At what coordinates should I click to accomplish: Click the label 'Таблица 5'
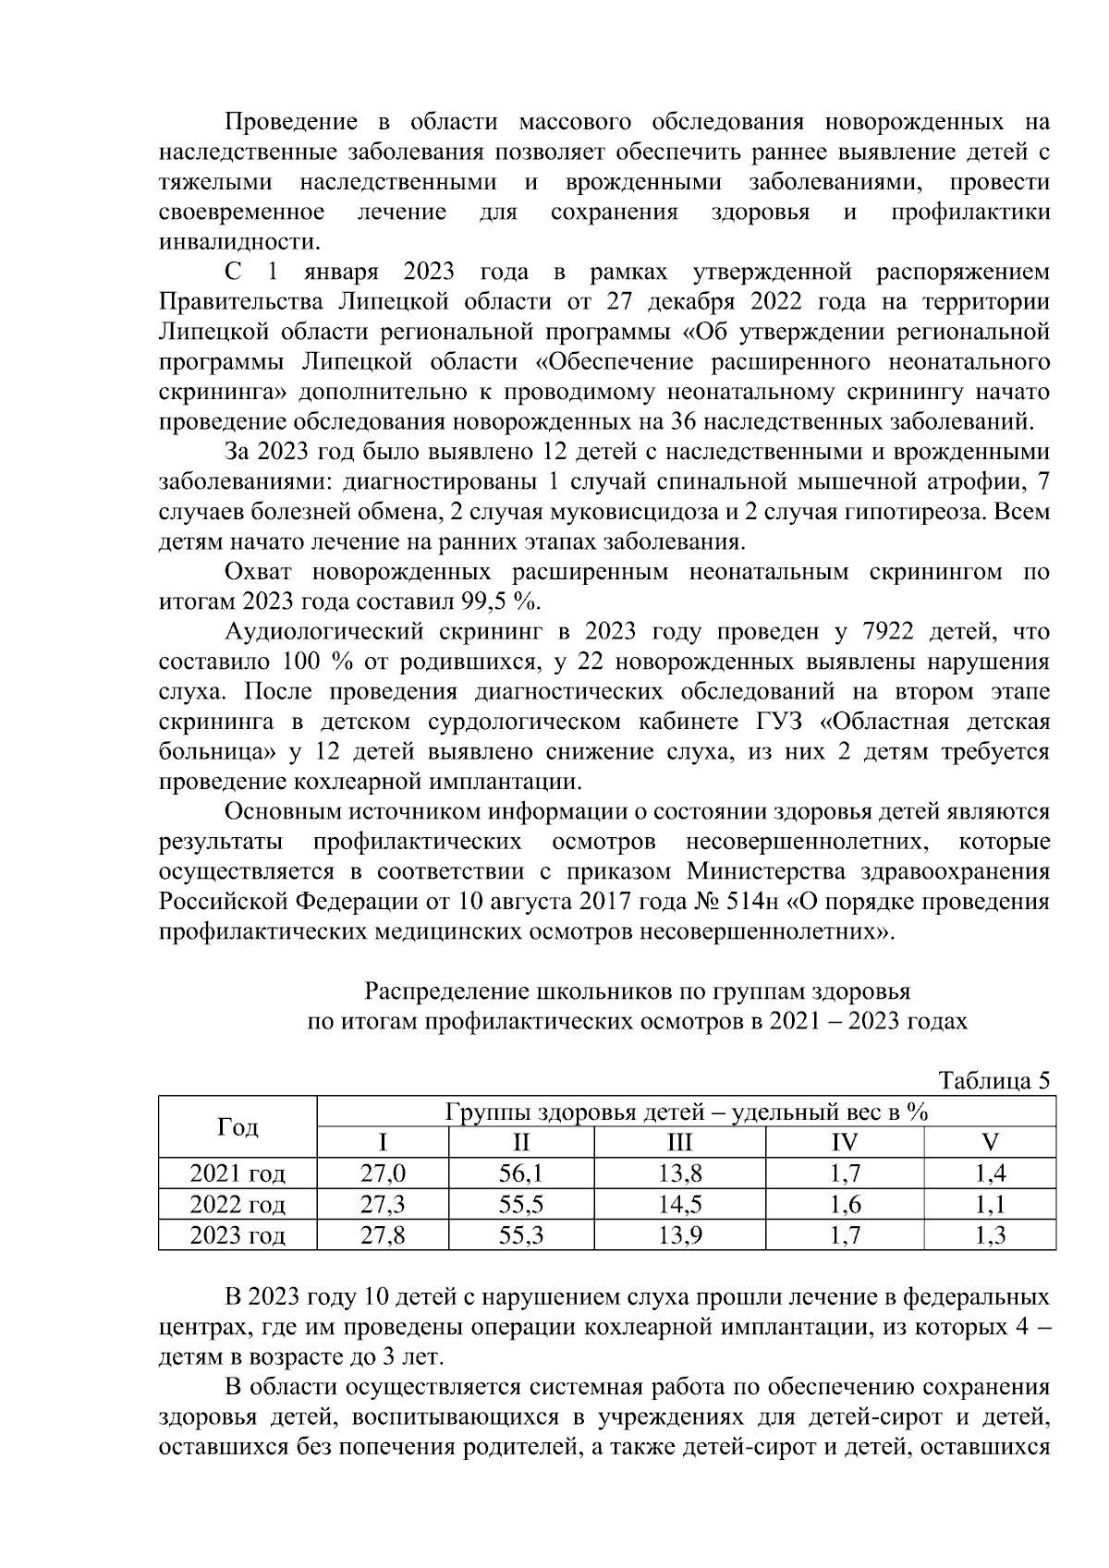[x=994, y=1080]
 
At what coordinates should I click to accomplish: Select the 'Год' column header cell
[x=238, y=1126]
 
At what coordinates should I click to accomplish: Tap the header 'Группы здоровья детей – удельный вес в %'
[x=686, y=1112]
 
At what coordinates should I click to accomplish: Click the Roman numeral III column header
[x=679, y=1142]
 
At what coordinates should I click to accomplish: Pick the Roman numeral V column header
[x=990, y=1142]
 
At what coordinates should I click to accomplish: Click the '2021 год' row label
[x=238, y=1173]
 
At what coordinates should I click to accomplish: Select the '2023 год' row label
[x=238, y=1235]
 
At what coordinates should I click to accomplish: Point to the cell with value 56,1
[x=520, y=1173]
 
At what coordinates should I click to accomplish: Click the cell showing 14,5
[x=679, y=1205]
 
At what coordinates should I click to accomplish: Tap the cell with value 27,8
[x=383, y=1235]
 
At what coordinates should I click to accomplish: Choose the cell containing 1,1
[x=990, y=1205]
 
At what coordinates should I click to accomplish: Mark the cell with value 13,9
[x=679, y=1235]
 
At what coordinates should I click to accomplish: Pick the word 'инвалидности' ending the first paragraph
[x=238, y=242]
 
